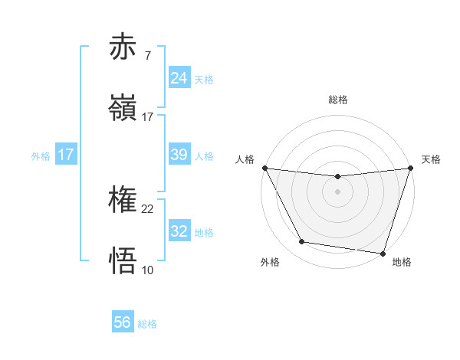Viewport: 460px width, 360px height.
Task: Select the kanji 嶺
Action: coord(123,108)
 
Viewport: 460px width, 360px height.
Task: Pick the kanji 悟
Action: coord(123,261)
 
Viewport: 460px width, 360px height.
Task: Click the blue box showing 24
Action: coord(179,77)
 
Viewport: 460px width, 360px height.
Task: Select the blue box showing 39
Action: coord(179,155)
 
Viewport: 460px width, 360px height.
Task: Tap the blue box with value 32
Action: coord(179,231)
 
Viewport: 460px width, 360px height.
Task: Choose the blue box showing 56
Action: coord(123,322)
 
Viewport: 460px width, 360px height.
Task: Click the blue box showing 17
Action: coord(66,155)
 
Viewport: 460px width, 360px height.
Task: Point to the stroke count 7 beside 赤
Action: coord(147,55)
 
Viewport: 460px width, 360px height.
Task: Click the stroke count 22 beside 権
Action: coord(148,208)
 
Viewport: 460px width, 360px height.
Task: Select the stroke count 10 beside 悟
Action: coord(148,270)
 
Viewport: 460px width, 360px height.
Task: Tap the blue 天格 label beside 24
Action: coord(204,79)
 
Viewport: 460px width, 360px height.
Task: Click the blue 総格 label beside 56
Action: coord(147,324)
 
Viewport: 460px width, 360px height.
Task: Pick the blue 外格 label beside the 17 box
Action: coord(41,156)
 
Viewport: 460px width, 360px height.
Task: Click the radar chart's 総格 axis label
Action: coord(337,100)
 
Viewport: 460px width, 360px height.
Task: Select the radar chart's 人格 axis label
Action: coord(245,159)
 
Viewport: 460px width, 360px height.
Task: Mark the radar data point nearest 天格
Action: coord(410,169)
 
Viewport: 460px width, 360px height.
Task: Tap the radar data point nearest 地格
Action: coord(383,253)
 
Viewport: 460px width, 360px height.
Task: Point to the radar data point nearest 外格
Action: coord(302,242)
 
